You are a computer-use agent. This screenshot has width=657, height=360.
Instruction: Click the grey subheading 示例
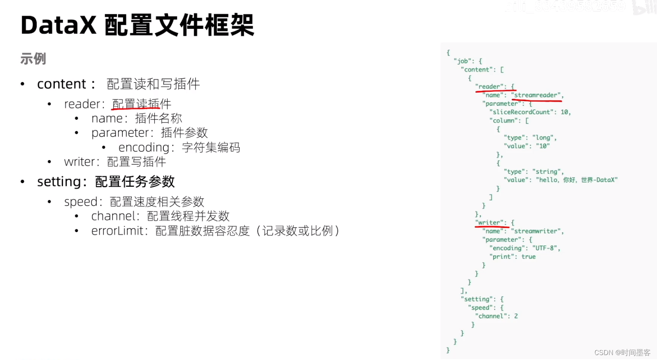[33, 59]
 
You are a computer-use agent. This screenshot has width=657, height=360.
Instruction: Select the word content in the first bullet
[61, 84]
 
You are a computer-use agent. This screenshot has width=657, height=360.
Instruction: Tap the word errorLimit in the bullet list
[117, 231]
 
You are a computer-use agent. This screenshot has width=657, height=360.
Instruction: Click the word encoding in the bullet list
[144, 147]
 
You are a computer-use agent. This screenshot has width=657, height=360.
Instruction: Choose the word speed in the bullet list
[81, 202]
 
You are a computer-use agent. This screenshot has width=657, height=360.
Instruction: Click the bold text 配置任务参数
[135, 181]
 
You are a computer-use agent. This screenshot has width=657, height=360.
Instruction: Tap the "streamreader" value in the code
[537, 95]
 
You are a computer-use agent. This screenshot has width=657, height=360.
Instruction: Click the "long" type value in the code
[543, 137]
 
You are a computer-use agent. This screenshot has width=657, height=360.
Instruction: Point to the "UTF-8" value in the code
[545, 248]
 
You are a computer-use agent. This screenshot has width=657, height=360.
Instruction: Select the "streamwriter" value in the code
[537, 231]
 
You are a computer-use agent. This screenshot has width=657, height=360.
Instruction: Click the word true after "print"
[529, 257]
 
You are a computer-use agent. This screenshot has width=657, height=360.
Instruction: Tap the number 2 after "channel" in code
[516, 316]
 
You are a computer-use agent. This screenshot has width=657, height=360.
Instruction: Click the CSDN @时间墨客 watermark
[622, 353]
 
